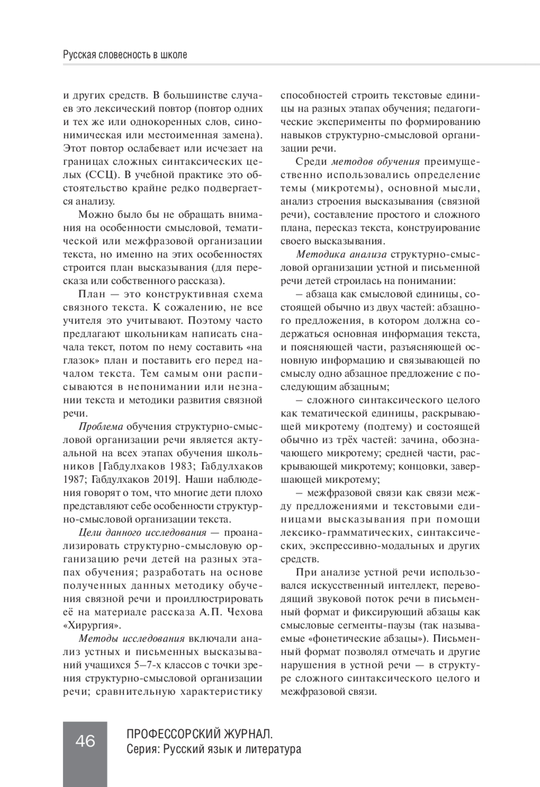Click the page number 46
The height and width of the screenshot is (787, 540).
click(x=85, y=740)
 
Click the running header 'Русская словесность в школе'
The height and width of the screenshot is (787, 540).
click(x=125, y=55)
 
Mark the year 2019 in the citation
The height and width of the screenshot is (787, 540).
click(x=165, y=479)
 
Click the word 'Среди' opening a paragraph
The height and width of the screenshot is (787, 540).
click(x=311, y=162)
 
